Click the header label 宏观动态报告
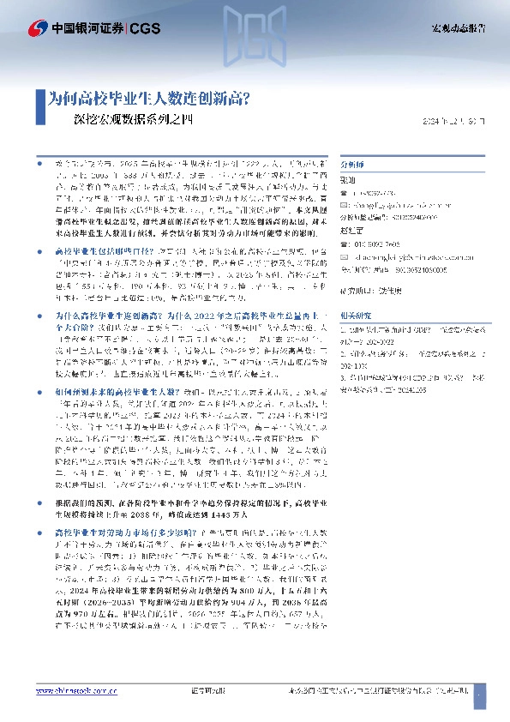[x=458, y=28]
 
